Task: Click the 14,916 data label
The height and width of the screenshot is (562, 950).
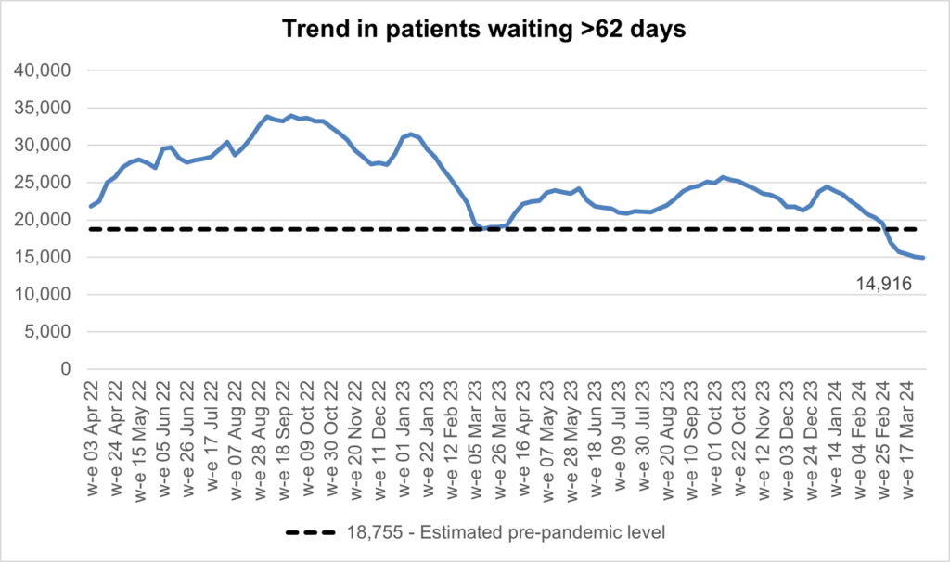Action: click(x=885, y=285)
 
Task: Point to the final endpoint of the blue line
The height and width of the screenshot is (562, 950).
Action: click(x=924, y=258)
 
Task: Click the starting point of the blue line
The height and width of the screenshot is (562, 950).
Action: click(x=90, y=206)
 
